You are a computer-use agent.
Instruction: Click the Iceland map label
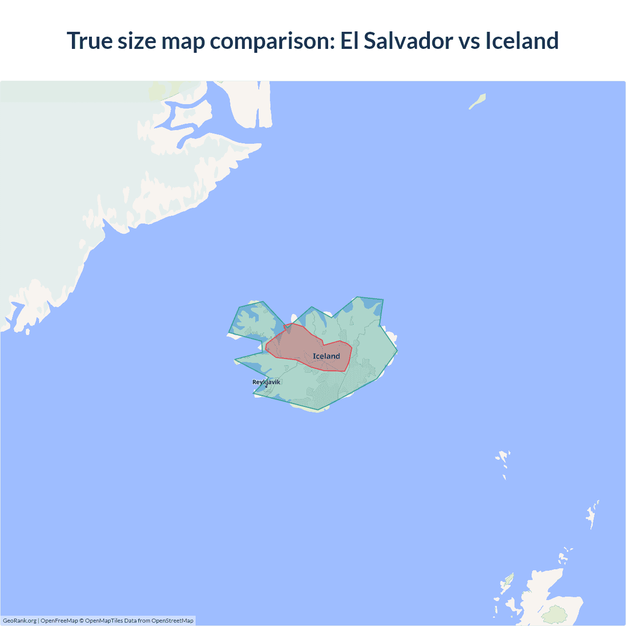(x=326, y=356)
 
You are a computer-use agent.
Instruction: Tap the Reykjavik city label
(x=267, y=382)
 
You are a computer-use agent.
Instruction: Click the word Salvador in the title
(x=408, y=41)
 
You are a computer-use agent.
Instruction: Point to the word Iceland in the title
(x=522, y=41)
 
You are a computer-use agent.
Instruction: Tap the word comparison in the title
(x=272, y=41)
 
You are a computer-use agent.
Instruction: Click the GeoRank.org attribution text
(x=20, y=621)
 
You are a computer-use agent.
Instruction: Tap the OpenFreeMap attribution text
(x=59, y=621)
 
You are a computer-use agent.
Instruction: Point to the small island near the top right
(x=478, y=101)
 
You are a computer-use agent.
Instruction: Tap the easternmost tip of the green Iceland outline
(x=397, y=351)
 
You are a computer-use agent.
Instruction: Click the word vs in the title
(x=469, y=41)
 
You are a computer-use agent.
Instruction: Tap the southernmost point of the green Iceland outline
(x=318, y=410)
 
